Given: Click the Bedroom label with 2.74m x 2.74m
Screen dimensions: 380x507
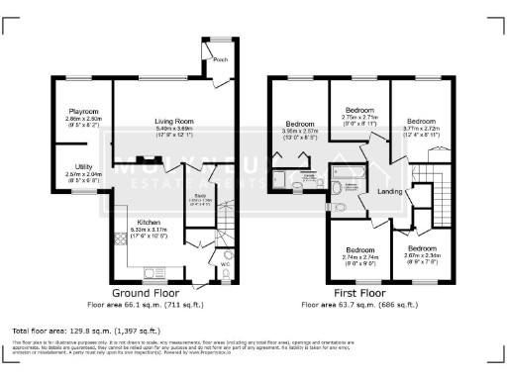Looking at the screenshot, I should (x=358, y=250).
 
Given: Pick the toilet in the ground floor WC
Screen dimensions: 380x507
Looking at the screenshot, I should (x=227, y=279).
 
